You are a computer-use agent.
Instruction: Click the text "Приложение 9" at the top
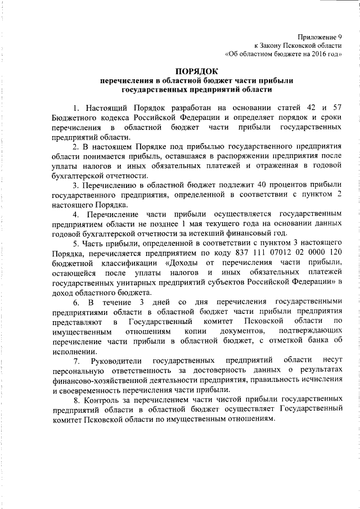click(319, 35)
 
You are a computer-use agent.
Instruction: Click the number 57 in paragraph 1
click(337, 107)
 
